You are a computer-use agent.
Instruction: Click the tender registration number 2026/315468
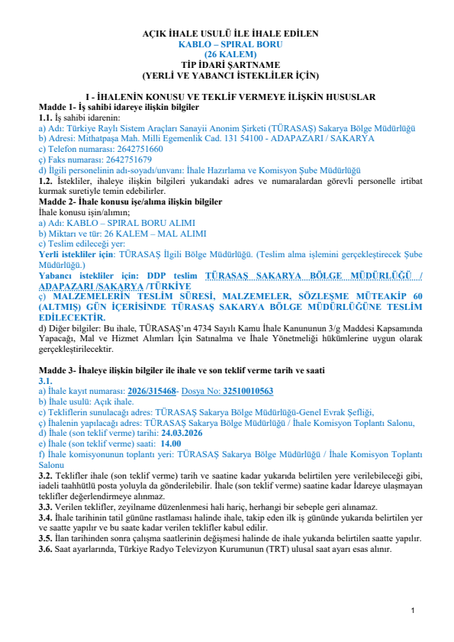151,390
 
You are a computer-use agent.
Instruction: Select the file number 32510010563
247,390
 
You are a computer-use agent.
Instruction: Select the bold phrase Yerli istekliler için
76,253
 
